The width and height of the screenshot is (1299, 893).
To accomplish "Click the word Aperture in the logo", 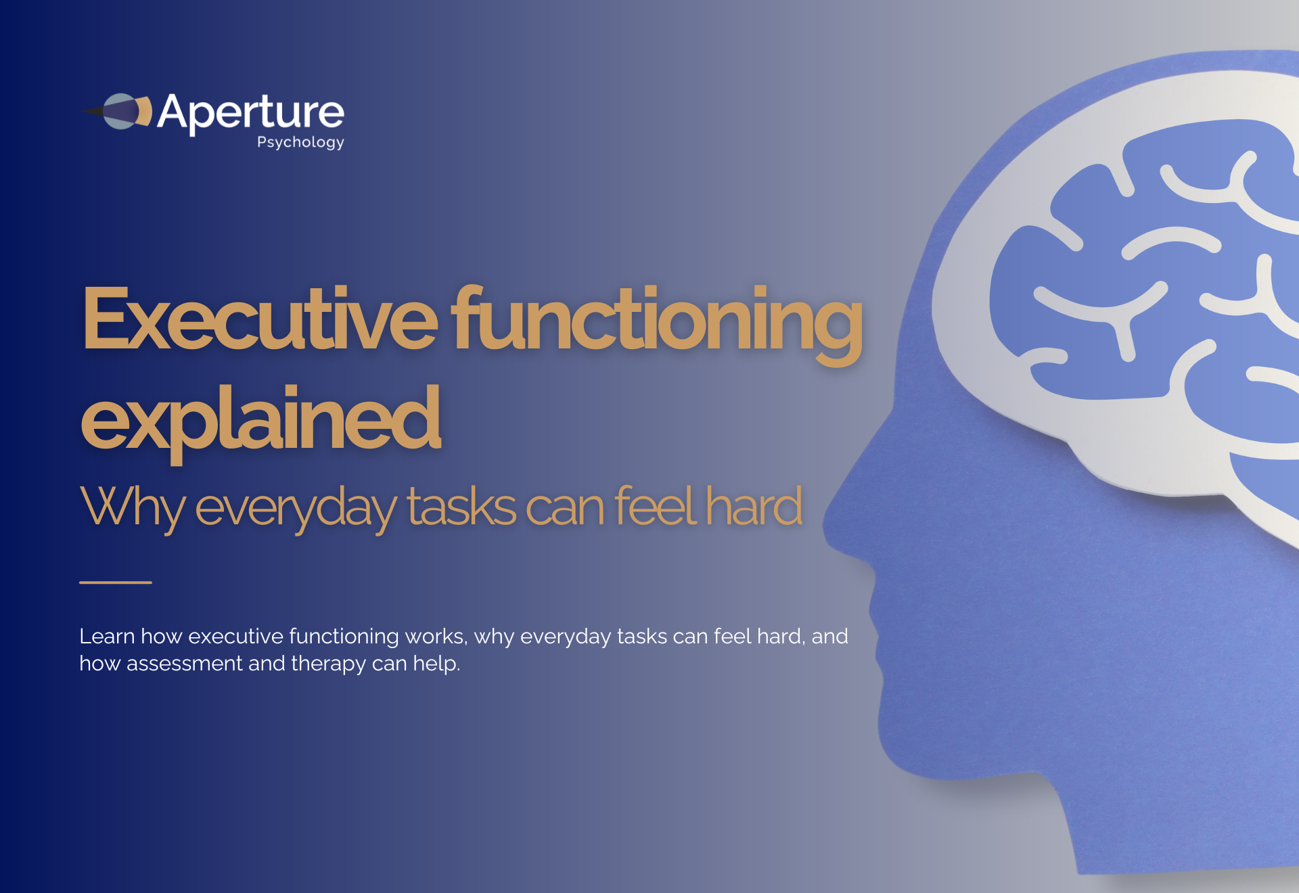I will click(250, 112).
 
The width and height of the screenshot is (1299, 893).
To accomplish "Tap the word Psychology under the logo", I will click(300, 142).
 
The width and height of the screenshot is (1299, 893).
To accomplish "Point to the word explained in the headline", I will click(260, 419).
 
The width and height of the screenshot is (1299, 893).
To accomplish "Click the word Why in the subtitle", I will click(132, 507).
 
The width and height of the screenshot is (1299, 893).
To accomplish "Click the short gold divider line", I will click(116, 582).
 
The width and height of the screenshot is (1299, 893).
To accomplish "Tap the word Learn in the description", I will click(107, 637).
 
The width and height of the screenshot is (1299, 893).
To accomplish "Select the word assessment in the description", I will click(184, 664).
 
